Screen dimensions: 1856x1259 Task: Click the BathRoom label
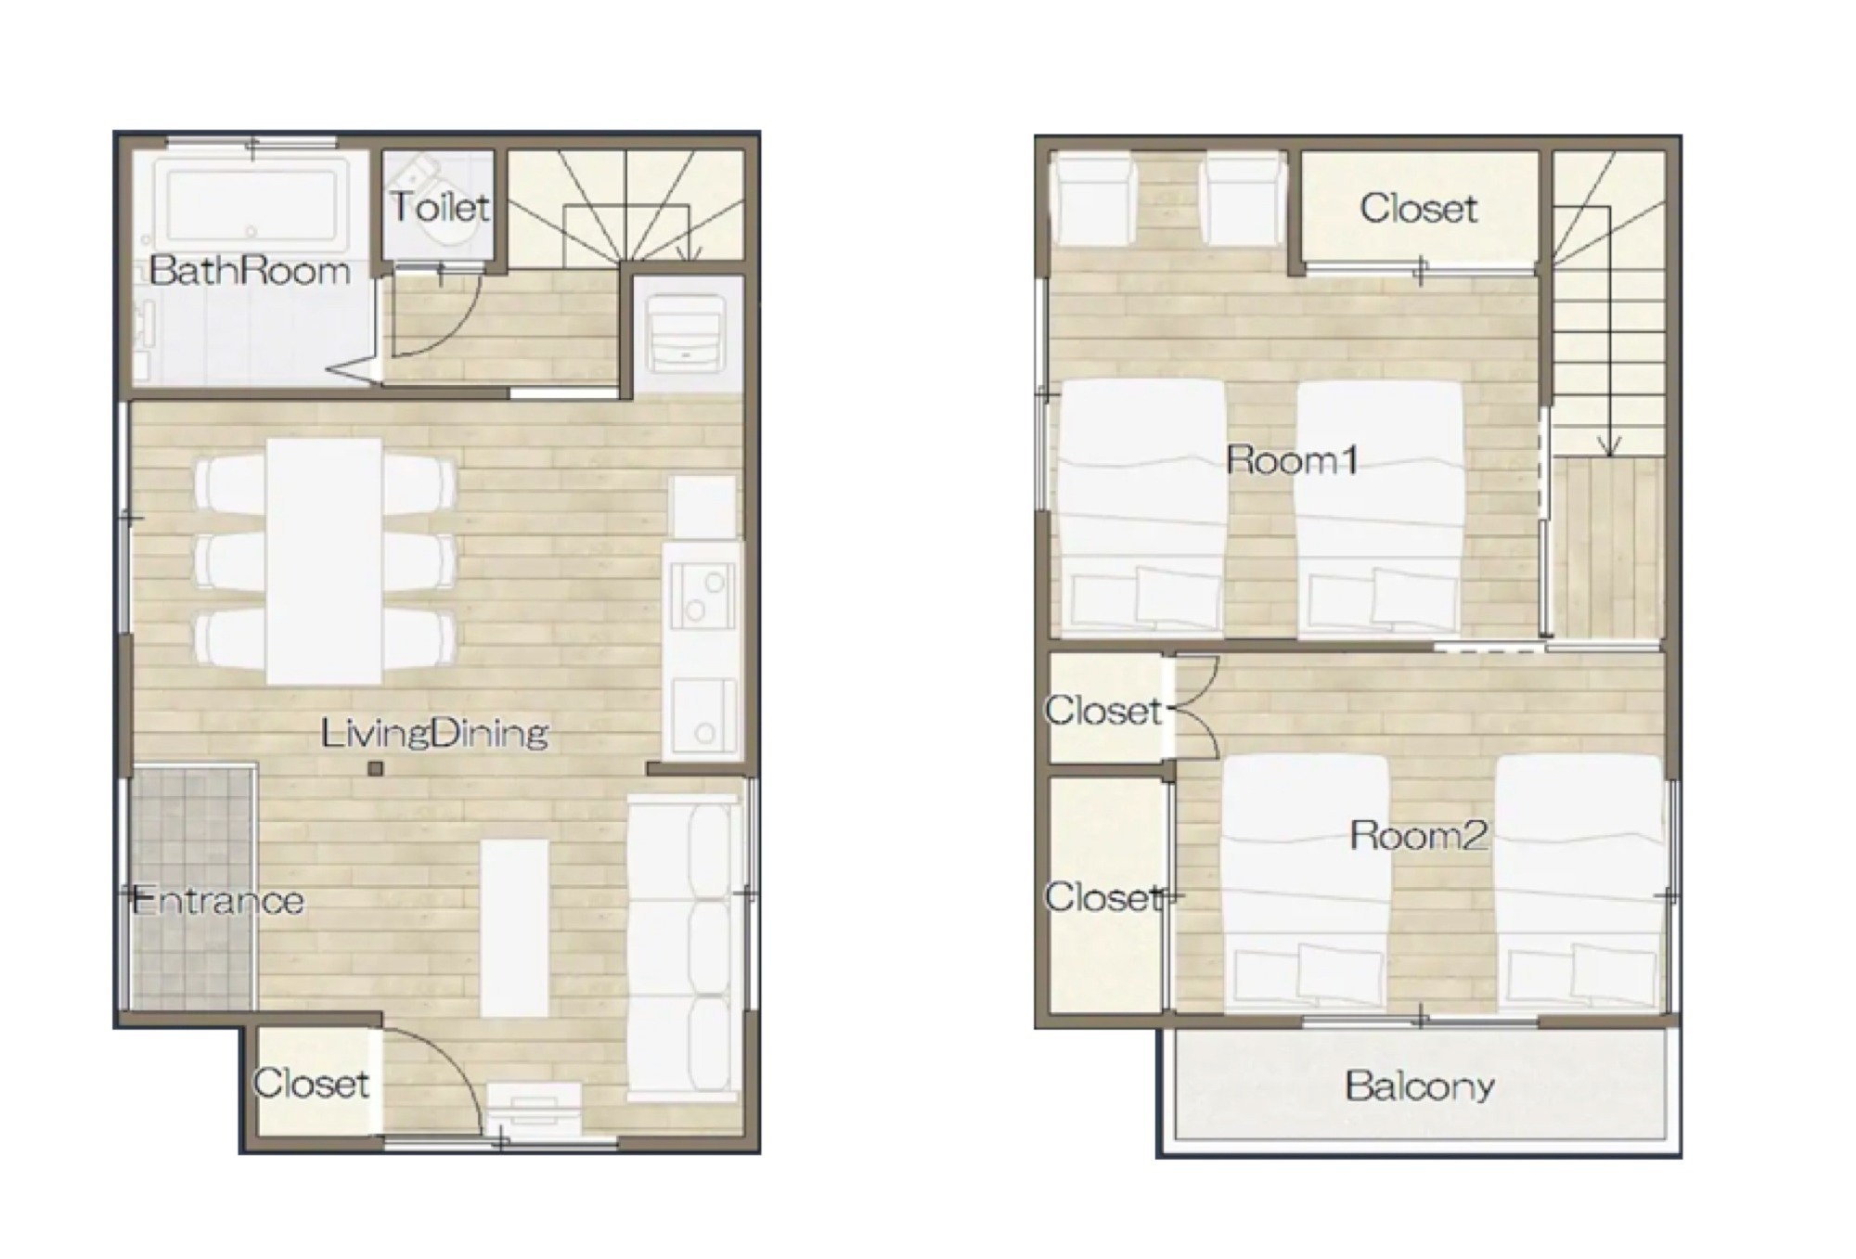[250, 271]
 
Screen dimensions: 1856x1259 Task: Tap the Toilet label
[440, 207]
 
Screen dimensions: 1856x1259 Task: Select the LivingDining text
[434, 734]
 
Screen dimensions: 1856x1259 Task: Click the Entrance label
[219, 901]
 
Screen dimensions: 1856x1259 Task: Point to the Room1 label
[1292, 460]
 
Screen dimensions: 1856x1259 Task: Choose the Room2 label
[1418, 836]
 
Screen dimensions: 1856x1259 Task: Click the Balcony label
[1420, 1086]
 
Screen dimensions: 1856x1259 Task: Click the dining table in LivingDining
[324, 561]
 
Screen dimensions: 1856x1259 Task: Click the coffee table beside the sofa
[514, 928]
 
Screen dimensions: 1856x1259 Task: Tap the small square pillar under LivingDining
[375, 768]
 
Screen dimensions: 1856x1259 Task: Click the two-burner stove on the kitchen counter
[702, 597]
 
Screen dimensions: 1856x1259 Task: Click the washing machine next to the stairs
[686, 333]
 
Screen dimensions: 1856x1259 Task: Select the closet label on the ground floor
[311, 1084]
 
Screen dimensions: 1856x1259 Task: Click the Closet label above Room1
[1418, 209]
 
